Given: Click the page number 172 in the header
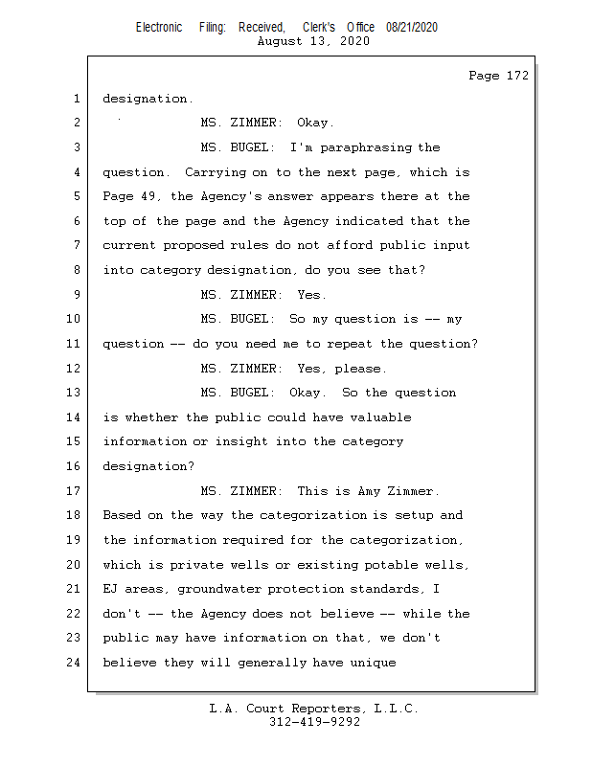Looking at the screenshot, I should [x=517, y=76].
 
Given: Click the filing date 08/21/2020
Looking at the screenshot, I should [x=412, y=28].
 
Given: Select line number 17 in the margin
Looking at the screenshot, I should [x=76, y=491].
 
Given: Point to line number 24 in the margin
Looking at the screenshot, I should [x=76, y=663].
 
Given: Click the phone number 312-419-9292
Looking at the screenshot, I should [x=314, y=723].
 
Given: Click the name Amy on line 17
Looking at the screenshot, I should [x=369, y=491].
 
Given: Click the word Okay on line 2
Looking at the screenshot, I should [x=315, y=123].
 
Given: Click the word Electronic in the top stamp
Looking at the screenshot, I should [x=159, y=28].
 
